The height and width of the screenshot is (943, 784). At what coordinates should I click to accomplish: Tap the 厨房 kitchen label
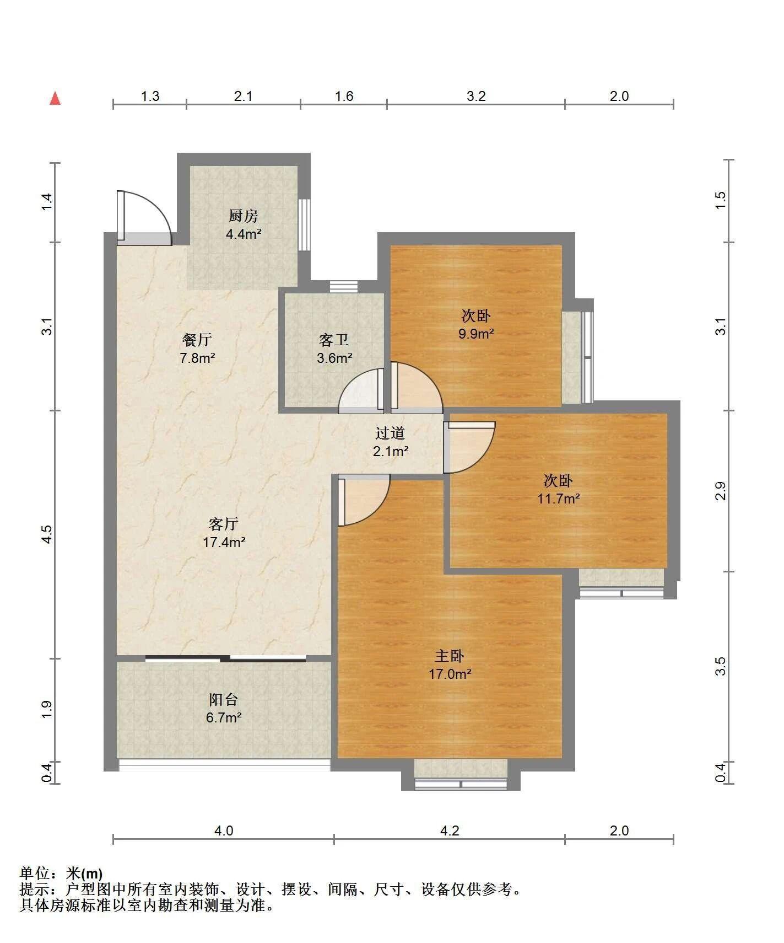tap(243, 216)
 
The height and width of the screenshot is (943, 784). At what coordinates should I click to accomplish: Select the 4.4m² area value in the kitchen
tap(244, 234)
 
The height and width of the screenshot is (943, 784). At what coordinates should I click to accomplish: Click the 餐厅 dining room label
tap(197, 340)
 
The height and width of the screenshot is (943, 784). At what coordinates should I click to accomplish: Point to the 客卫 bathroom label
tap(334, 340)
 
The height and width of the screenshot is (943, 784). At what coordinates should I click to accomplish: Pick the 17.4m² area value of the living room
tap(224, 542)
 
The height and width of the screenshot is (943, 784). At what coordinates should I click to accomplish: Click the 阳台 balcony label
tap(224, 700)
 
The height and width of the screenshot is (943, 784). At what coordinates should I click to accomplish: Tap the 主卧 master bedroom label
tap(450, 656)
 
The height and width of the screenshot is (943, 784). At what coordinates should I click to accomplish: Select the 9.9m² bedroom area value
tap(476, 334)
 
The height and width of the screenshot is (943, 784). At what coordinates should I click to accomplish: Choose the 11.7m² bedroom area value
tap(559, 499)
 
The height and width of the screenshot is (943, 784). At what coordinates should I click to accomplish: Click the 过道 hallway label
tap(390, 433)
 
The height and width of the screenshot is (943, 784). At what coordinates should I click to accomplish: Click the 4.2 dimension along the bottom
tap(450, 831)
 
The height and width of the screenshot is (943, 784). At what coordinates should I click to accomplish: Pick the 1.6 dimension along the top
tap(344, 96)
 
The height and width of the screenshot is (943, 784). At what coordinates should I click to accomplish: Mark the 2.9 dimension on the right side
tap(720, 491)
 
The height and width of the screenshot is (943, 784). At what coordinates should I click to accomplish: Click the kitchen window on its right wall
tap(304, 224)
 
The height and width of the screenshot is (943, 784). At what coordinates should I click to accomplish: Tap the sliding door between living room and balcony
tap(226, 658)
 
